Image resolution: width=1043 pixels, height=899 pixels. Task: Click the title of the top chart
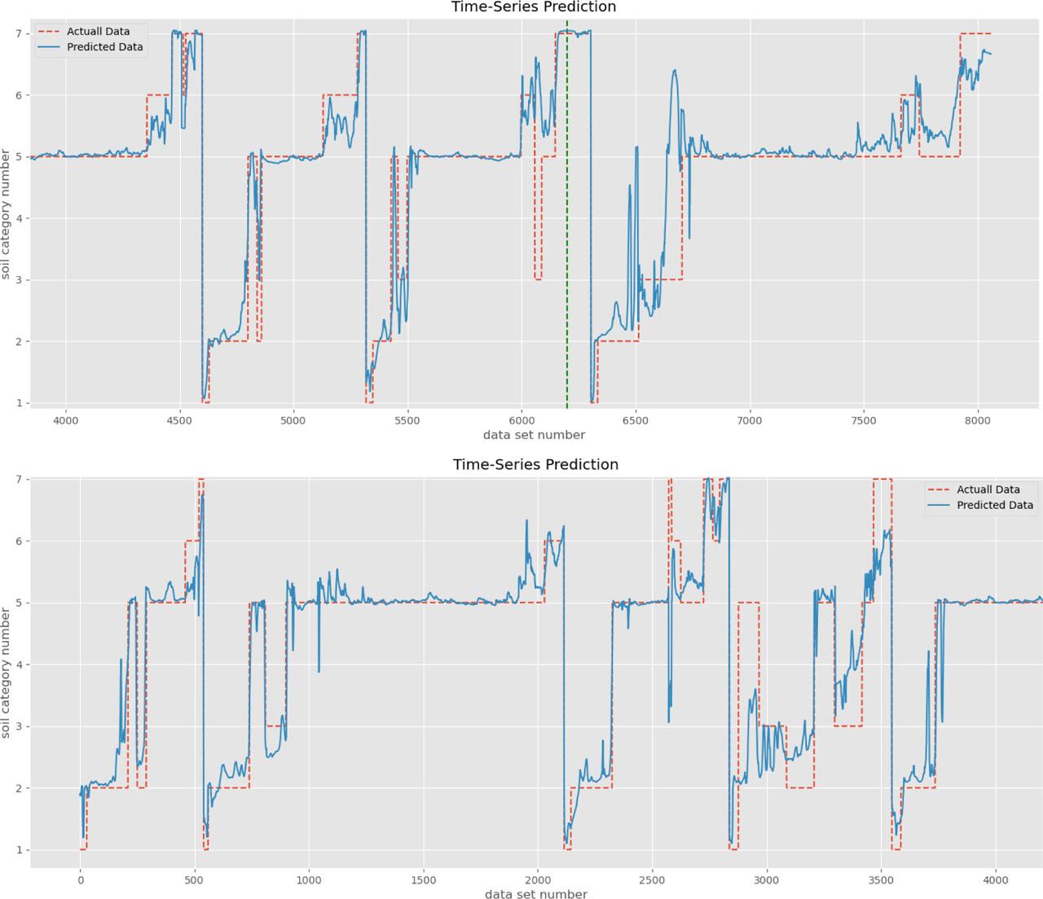pyautogui.click(x=534, y=7)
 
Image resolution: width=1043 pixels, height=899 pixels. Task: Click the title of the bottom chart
pyautogui.click(x=535, y=465)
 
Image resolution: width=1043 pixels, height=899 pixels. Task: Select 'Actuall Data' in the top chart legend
pyautogui.click(x=98, y=32)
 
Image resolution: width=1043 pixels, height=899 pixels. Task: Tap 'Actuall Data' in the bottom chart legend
pyautogui.click(x=988, y=489)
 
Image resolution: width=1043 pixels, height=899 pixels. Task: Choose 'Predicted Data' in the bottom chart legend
pyautogui.click(x=994, y=505)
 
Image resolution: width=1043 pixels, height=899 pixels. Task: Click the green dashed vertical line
pyautogui.click(x=566, y=244)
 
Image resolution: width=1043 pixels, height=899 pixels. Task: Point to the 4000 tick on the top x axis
pyautogui.click(x=65, y=420)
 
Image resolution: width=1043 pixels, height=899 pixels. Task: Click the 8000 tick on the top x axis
pyautogui.click(x=977, y=420)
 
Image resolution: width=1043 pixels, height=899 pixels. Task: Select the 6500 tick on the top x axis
pyautogui.click(x=635, y=420)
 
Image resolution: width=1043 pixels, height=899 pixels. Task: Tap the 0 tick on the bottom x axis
pyautogui.click(x=80, y=880)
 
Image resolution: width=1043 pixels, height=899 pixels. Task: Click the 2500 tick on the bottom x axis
pyautogui.click(x=652, y=880)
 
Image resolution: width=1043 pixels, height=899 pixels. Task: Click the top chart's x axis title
pyautogui.click(x=534, y=435)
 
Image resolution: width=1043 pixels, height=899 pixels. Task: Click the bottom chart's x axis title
pyautogui.click(x=535, y=894)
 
